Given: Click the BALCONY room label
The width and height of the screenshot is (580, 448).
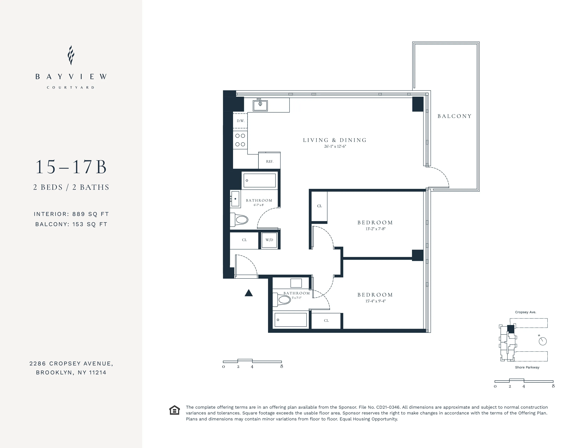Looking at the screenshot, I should pyautogui.click(x=454, y=116).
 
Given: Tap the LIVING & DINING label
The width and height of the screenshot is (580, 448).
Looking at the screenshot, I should pyautogui.click(x=335, y=140).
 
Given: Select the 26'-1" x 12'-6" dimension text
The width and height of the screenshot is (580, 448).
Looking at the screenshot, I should pyautogui.click(x=335, y=147).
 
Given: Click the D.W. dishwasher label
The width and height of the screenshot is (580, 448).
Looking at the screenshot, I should pyautogui.click(x=241, y=121).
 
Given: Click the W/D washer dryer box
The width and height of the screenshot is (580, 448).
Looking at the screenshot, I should pyautogui.click(x=269, y=240).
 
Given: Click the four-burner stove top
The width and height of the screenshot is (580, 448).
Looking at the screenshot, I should pyautogui.click(x=240, y=140).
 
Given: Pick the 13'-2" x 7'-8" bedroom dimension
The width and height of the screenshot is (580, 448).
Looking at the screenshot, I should pyautogui.click(x=375, y=229).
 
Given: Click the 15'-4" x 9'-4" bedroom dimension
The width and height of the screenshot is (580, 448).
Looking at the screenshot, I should pyautogui.click(x=375, y=301).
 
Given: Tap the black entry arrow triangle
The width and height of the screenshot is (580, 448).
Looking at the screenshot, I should pyautogui.click(x=249, y=293).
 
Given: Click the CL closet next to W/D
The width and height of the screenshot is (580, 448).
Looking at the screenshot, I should pyautogui.click(x=244, y=240).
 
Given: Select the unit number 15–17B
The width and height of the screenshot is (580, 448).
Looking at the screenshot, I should pyautogui.click(x=71, y=167).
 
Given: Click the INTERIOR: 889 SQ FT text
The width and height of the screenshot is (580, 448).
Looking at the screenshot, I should pyautogui.click(x=71, y=214).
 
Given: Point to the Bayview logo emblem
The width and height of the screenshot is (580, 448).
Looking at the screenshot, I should pyautogui.click(x=71, y=55).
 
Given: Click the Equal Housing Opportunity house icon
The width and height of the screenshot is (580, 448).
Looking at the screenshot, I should pyautogui.click(x=175, y=410).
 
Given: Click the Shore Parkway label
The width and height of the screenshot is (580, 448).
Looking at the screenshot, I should pyautogui.click(x=527, y=367).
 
